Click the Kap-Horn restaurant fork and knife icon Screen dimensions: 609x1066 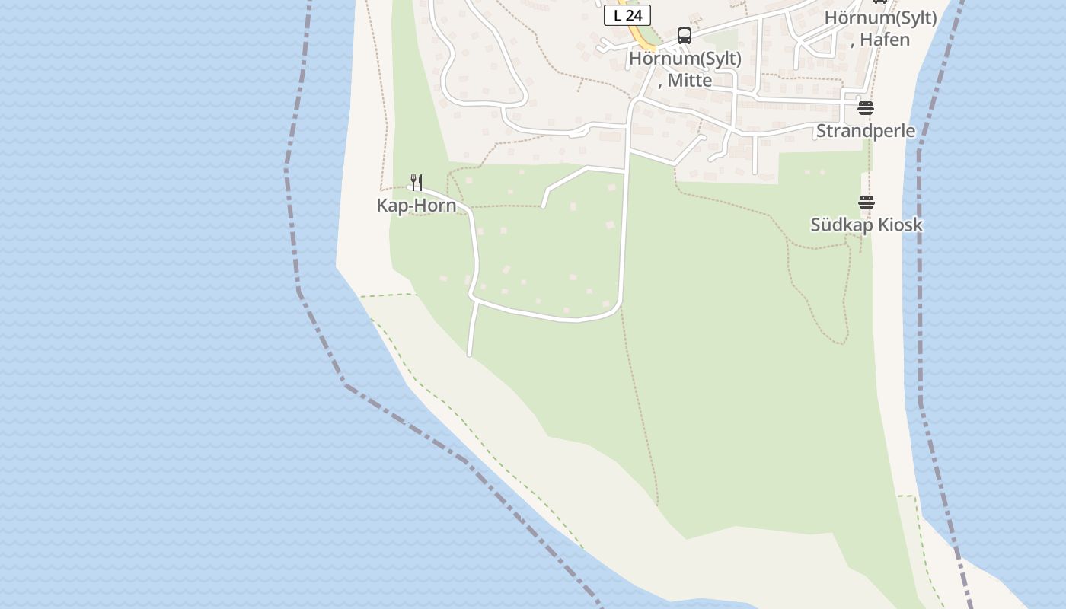(416, 183)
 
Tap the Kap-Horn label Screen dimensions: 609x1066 (417, 206)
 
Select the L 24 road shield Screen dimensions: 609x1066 (627, 15)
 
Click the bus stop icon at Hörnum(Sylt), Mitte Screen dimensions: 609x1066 (685, 36)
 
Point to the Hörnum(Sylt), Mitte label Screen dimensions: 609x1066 (685, 69)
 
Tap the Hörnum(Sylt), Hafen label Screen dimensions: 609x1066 (881, 28)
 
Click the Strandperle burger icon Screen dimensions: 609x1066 (865, 108)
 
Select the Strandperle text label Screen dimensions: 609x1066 (866, 131)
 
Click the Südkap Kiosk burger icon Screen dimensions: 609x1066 (867, 202)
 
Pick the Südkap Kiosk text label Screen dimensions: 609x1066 (867, 225)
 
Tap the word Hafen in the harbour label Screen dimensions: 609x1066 (885, 40)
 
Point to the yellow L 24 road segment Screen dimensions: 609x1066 (642, 37)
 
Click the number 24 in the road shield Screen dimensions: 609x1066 (634, 15)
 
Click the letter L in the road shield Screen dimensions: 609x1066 (618, 15)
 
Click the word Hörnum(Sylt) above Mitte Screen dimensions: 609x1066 (685, 59)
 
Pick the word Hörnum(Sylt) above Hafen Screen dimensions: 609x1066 (881, 18)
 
